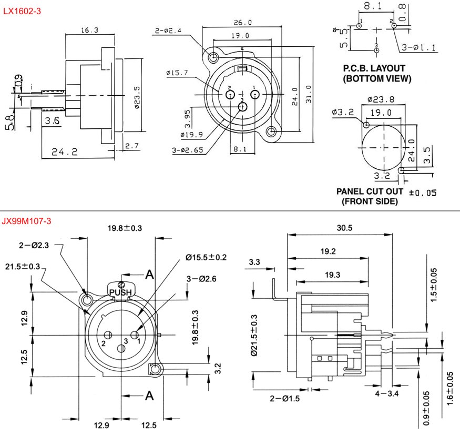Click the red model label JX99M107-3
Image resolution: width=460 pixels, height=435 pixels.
(x=27, y=221)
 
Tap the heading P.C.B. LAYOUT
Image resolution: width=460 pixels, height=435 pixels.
(x=374, y=68)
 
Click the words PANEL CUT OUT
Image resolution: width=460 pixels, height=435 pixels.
(x=370, y=191)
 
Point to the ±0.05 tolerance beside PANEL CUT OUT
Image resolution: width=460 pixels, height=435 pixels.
(x=422, y=193)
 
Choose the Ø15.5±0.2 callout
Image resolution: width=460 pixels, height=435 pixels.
(x=206, y=257)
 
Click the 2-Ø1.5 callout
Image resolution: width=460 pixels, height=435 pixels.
(x=284, y=398)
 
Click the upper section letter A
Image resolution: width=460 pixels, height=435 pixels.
(x=150, y=274)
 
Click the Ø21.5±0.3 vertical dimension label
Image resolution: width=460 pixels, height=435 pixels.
(x=254, y=336)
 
